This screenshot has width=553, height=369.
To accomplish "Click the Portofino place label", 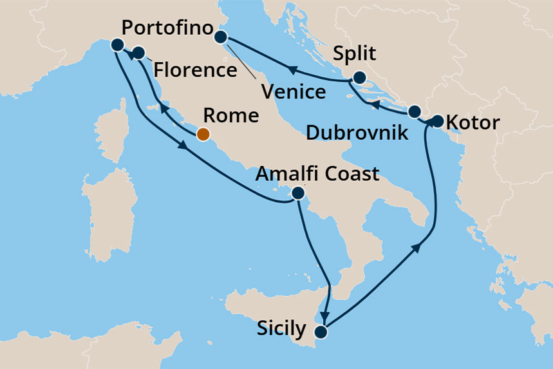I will point(167,29).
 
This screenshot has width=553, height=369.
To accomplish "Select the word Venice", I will point(293,91).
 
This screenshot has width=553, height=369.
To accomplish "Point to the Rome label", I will point(230,117).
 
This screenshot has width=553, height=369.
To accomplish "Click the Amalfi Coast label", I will point(317,173).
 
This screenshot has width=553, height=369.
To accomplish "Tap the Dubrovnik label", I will point(357,133).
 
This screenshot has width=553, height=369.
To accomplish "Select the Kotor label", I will point(472,122).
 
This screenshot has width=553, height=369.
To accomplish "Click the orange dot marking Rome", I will point(203,134).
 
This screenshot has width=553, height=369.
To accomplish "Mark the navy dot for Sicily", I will point(320,332).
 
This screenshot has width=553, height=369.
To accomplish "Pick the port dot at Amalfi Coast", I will point(297,193).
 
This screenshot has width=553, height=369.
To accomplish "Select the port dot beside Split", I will point(359,78).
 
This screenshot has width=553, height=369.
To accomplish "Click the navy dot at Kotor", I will point(437,120).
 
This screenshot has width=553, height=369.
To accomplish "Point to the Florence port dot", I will point(138,52).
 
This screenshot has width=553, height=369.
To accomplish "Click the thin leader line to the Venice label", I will point(243,65).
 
